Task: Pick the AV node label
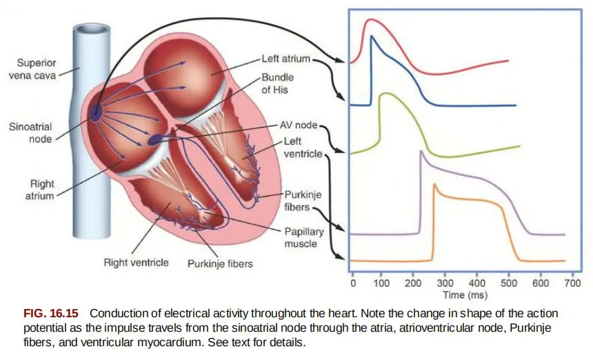(x=299, y=127)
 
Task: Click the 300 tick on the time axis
(x=445, y=283)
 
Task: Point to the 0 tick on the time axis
(x=352, y=283)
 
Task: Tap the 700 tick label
(x=571, y=283)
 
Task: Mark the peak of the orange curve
(x=434, y=184)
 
